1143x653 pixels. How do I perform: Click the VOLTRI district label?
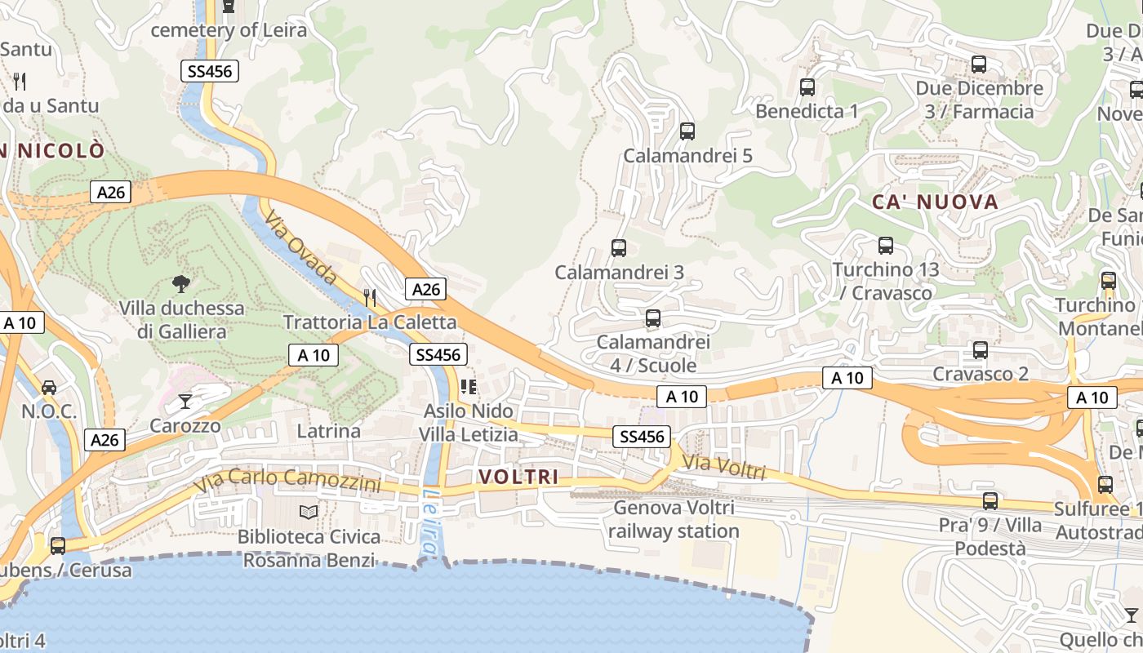[x=518, y=477]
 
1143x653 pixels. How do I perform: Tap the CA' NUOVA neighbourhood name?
[x=935, y=202]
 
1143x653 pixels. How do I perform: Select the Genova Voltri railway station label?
[x=674, y=519]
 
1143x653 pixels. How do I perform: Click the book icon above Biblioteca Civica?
[x=309, y=512]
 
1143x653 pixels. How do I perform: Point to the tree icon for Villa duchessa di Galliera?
[x=181, y=284]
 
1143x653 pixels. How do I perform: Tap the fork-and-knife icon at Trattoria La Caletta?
[x=370, y=297]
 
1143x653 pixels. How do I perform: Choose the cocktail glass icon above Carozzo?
[x=185, y=401]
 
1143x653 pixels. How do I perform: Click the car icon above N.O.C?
[x=49, y=387]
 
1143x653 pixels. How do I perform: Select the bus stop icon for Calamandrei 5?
[x=687, y=131]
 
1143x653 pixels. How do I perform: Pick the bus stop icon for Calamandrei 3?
[x=619, y=247]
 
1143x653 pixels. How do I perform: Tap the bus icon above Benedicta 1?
[x=807, y=87]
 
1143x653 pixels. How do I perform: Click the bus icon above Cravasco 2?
[x=981, y=350]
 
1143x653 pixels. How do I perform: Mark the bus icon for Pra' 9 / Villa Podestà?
[x=990, y=500]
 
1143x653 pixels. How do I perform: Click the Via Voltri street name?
[x=723, y=468]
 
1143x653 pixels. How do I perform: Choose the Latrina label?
[x=328, y=430]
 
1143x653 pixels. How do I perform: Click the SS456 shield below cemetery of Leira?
[x=210, y=71]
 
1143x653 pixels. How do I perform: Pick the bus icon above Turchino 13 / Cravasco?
[x=886, y=245]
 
